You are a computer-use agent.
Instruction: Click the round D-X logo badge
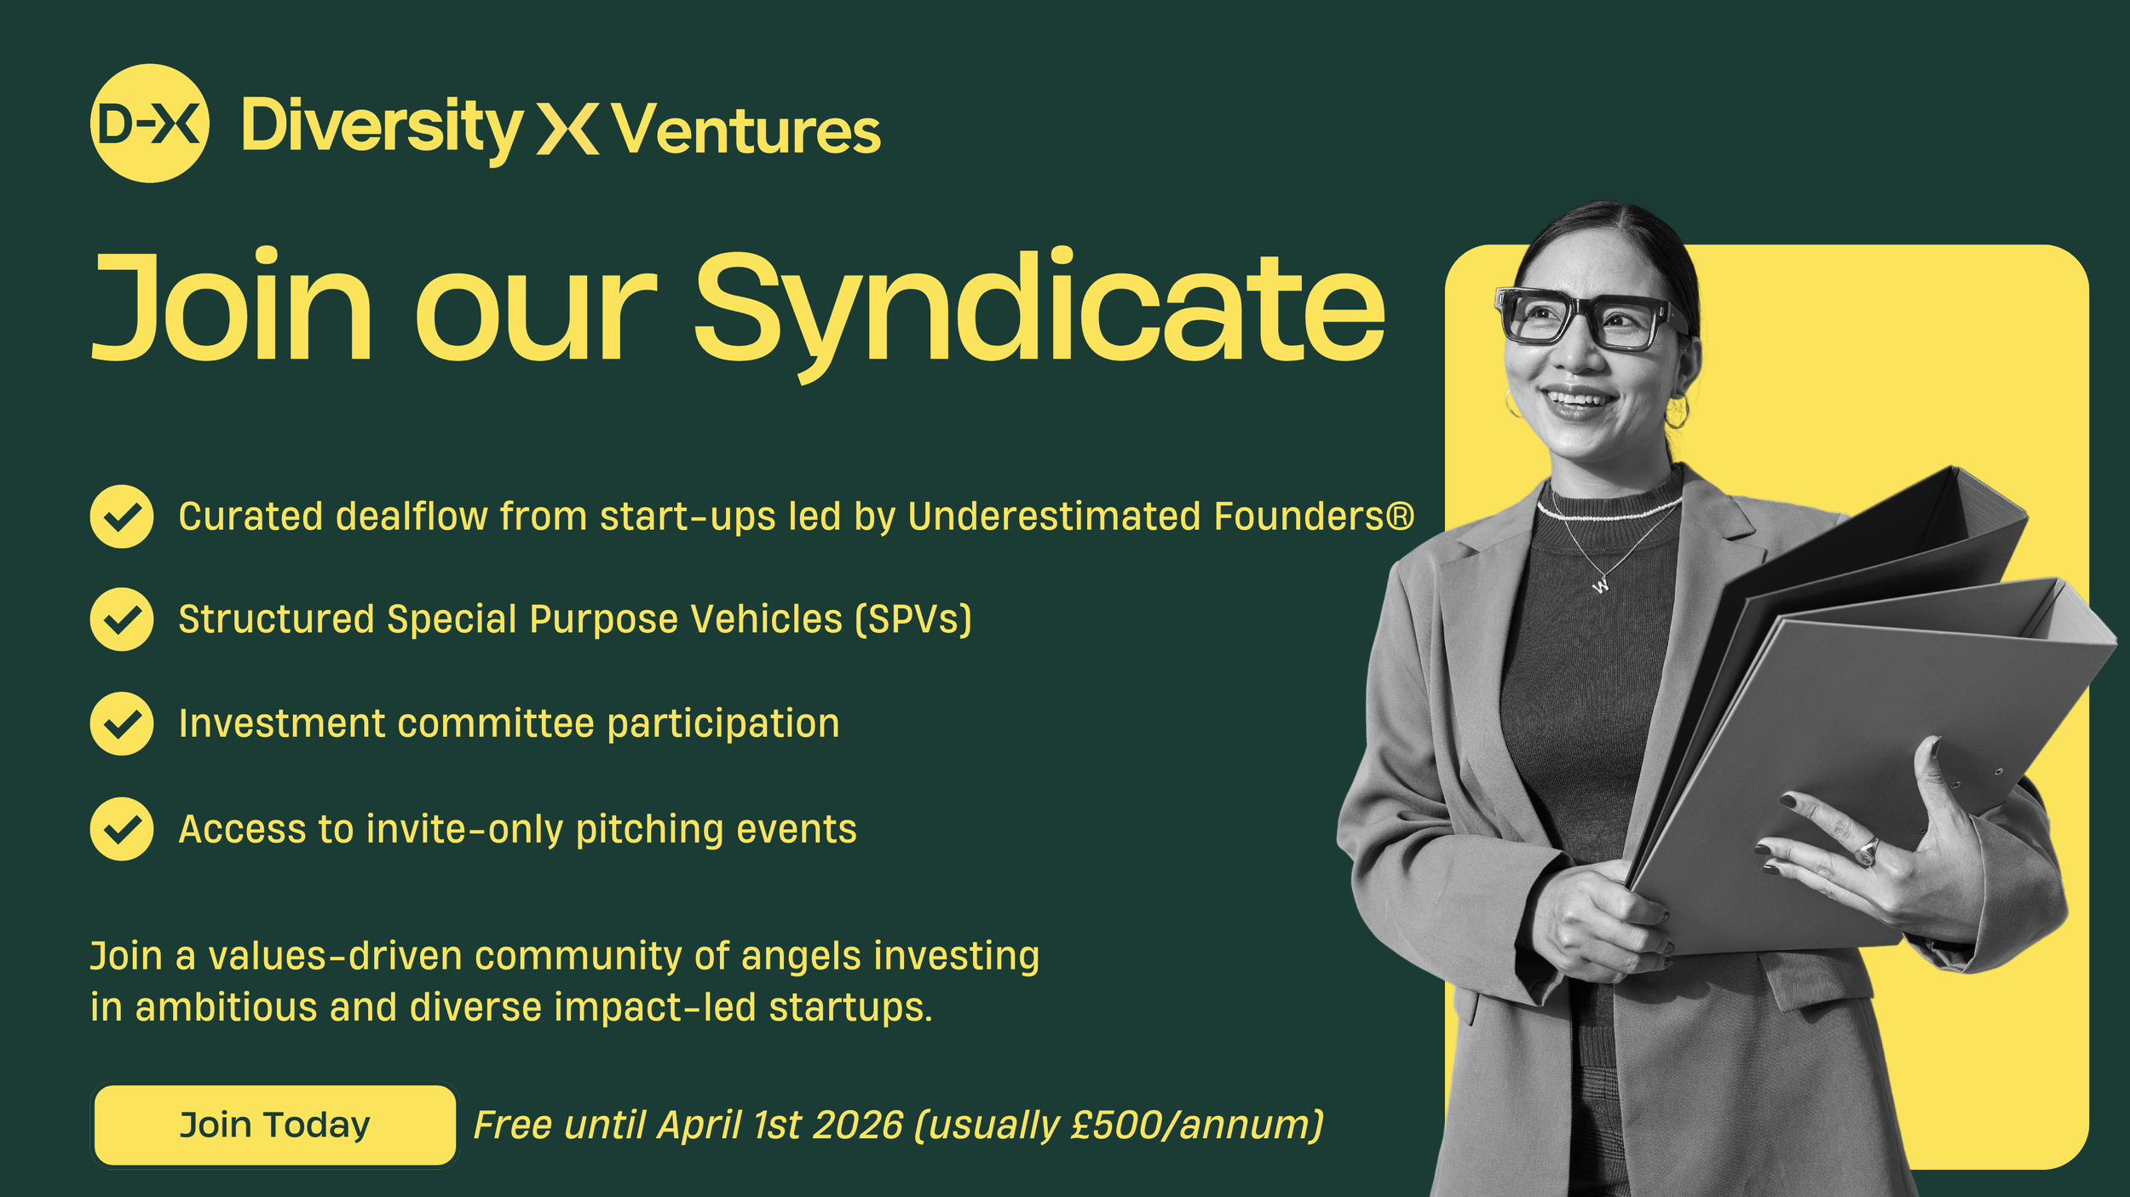tap(149, 124)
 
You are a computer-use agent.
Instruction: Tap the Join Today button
tap(274, 1125)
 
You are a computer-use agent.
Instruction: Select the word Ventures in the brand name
tap(746, 130)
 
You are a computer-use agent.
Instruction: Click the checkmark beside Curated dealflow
tap(122, 516)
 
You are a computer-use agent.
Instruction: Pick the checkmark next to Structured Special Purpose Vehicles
tap(122, 619)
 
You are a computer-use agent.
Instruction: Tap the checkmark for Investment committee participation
tap(122, 723)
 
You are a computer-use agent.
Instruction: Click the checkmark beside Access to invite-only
tap(122, 829)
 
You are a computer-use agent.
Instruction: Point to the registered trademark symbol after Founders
tap(1400, 515)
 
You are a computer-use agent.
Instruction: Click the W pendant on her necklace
tap(1600, 585)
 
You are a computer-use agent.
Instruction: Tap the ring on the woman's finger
tap(1867, 850)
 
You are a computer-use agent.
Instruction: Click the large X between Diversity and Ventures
tap(567, 129)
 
